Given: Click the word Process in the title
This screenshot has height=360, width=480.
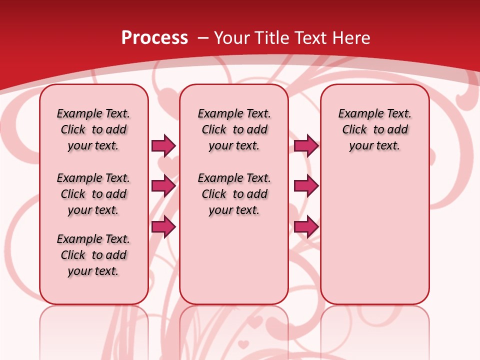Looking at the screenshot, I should [x=154, y=38].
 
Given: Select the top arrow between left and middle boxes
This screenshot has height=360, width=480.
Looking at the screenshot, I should [x=163, y=145].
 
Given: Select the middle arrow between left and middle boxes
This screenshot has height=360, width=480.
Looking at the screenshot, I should [x=163, y=186].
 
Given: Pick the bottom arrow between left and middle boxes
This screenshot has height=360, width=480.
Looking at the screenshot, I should [x=163, y=226].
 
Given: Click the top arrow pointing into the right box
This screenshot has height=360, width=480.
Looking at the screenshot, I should [x=306, y=145].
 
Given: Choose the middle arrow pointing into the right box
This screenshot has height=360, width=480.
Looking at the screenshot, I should [x=306, y=186].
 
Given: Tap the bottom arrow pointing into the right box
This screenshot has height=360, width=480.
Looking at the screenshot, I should [x=306, y=226].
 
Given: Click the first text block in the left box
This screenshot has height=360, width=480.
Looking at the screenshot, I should [x=93, y=129].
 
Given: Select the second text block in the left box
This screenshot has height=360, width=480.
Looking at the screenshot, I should [x=93, y=194].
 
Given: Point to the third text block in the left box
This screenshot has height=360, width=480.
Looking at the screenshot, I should [x=93, y=255].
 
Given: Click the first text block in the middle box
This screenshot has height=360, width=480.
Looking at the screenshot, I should [x=234, y=129].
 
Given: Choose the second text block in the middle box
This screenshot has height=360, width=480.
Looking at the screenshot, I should [x=234, y=194].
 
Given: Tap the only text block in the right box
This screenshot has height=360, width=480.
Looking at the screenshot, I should [x=374, y=129].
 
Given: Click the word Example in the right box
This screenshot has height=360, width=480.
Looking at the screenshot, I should [x=357, y=113].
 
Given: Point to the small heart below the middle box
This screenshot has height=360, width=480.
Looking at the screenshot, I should [x=243, y=344].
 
